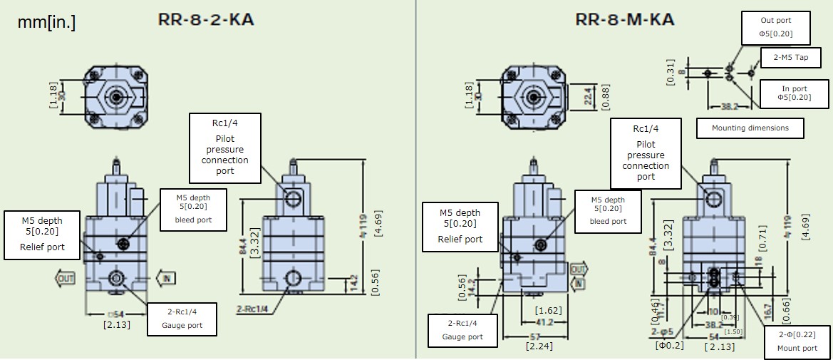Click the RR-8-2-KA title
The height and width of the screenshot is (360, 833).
tap(206, 19)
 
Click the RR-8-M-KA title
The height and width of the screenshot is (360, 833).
tap(624, 19)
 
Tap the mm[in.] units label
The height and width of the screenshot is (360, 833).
tap(47, 23)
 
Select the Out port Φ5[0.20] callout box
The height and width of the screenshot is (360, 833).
tap(775, 27)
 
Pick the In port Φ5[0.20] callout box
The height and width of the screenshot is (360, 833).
tap(794, 93)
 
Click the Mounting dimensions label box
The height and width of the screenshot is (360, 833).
tap(750, 128)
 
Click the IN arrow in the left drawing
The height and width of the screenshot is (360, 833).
tap(165, 278)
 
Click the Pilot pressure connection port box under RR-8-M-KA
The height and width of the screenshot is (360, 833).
tap(646, 153)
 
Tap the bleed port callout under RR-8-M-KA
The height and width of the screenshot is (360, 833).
tap(608, 210)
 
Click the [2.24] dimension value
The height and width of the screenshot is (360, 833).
tap(534, 347)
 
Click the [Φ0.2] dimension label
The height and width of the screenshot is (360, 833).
tap(670, 346)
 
